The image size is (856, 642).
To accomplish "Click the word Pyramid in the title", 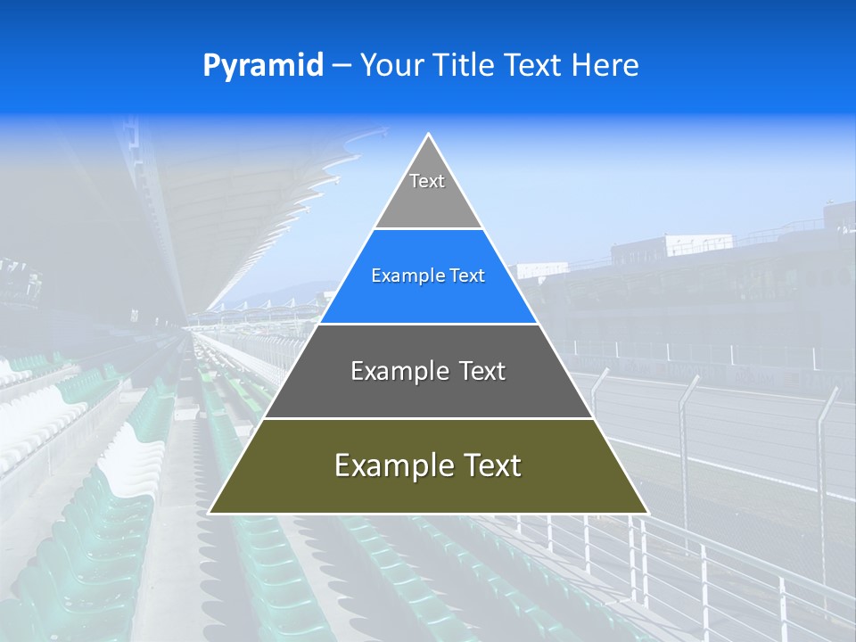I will click(x=263, y=66).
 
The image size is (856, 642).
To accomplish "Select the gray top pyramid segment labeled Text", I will click(x=427, y=192).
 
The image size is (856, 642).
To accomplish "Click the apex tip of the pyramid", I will click(x=428, y=136).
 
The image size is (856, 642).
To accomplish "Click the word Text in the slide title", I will click(x=532, y=66).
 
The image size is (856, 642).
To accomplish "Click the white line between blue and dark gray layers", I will click(x=428, y=324).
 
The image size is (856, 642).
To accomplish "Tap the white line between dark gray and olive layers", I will click(x=428, y=418).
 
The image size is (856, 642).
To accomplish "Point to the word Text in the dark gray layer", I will click(x=476, y=371).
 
